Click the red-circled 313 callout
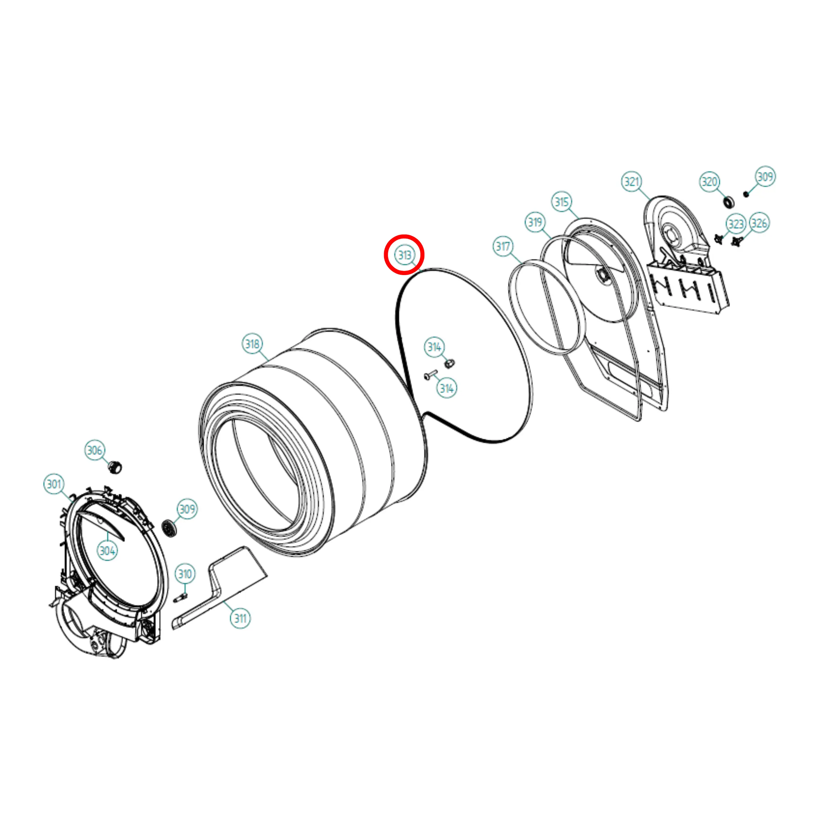click(x=404, y=255)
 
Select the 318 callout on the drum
click(x=252, y=344)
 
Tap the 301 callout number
click(x=54, y=484)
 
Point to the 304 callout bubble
click(x=107, y=550)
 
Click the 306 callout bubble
click(x=95, y=450)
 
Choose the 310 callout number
click(x=185, y=574)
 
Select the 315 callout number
click(x=562, y=202)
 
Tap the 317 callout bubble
click(x=503, y=247)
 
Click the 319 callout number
click(x=535, y=222)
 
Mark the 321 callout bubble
click(x=631, y=182)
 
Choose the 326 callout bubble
click(x=759, y=223)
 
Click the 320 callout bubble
click(x=709, y=182)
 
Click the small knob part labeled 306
click(x=115, y=466)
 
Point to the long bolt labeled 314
click(x=430, y=375)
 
